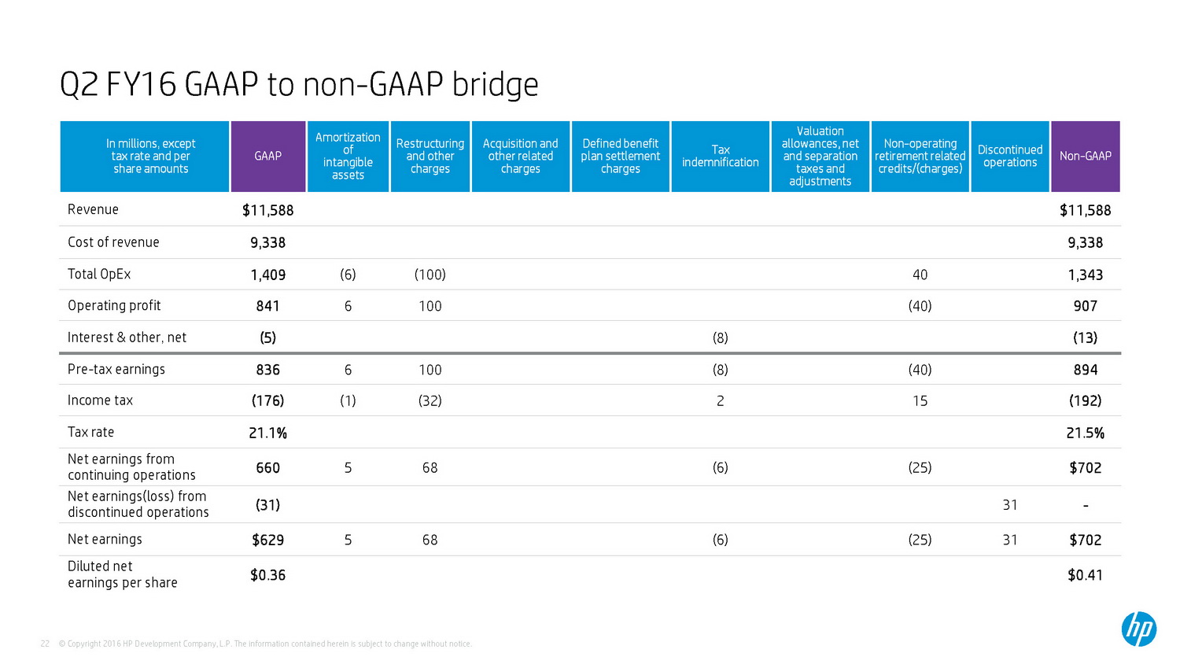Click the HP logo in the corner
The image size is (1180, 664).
pos(1138,629)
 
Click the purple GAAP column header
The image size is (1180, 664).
pos(267,156)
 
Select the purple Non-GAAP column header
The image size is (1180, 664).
pos(1085,156)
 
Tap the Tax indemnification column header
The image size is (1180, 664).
pos(720,156)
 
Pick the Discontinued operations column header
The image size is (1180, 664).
pos(1009,156)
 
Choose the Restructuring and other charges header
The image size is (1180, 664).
pos(430,156)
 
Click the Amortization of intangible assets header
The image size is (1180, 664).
pos(348,156)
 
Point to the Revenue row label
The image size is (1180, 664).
pos(93,209)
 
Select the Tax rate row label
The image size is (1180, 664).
pos(90,432)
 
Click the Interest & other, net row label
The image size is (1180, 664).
pos(127,338)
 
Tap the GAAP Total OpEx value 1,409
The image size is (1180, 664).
pos(267,275)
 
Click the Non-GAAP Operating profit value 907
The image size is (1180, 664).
pos(1085,306)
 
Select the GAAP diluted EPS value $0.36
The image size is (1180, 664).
pos(267,575)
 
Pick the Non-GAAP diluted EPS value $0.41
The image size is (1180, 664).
pos(1085,575)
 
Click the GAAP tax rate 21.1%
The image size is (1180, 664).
pos(267,433)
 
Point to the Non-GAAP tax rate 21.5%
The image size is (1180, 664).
pos(1085,433)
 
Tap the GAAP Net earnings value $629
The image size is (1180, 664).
pos(267,540)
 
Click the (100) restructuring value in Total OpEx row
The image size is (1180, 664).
pos(430,275)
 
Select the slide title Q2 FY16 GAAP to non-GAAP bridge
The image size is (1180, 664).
pos(299,84)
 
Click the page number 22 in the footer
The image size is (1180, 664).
pos(45,644)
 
